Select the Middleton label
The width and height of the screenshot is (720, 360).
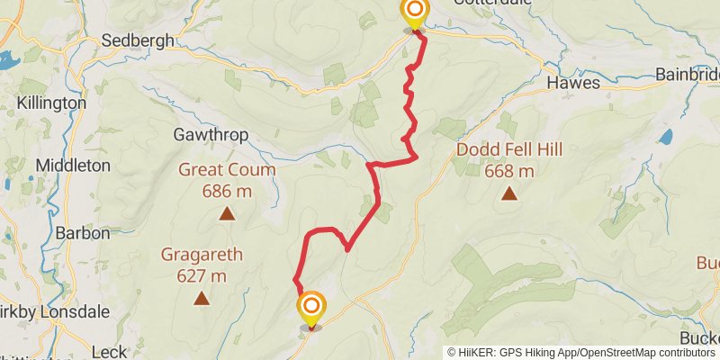click(x=73, y=166)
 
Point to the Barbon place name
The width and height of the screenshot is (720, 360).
click(x=82, y=232)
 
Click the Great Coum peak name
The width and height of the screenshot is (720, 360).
click(x=227, y=169)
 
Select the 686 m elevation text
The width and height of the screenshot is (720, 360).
click(x=227, y=191)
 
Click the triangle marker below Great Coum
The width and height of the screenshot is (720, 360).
click(x=227, y=214)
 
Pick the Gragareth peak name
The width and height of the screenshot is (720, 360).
click(x=202, y=254)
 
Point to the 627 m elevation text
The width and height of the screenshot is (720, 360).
click(x=202, y=275)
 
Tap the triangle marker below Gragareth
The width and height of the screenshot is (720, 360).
click(x=202, y=299)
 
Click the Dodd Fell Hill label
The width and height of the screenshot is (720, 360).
click(x=509, y=149)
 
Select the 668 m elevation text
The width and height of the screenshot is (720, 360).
click(x=509, y=171)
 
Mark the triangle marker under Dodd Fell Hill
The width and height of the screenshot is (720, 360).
click(x=509, y=193)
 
